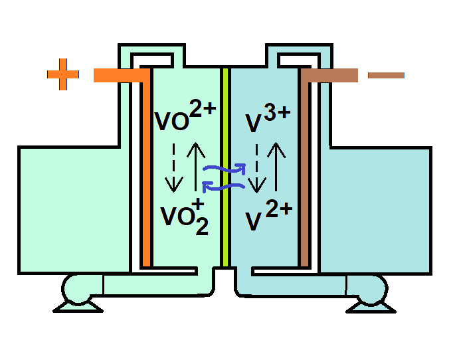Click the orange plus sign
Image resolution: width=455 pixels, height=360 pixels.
pos(63,75)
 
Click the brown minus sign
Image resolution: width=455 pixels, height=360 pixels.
pos(385,75)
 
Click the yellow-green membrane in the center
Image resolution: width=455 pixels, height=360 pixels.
pos(226,166)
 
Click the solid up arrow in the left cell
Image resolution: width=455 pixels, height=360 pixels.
pos(196,166)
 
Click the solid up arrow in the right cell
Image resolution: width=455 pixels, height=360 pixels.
pos(277,166)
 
